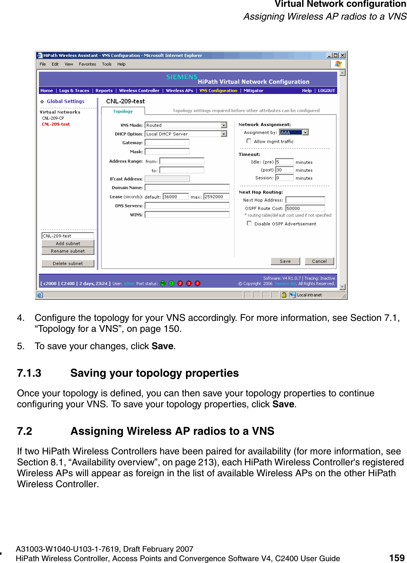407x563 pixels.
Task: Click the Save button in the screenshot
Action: tap(285, 261)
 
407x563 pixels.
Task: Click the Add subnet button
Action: tap(68, 244)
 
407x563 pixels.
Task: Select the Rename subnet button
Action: tap(68, 251)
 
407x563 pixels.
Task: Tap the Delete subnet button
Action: tap(68, 264)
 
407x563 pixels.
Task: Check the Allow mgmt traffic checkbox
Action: tap(249, 141)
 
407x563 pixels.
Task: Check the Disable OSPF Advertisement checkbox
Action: tap(249, 223)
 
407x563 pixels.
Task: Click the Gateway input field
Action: tap(167, 143)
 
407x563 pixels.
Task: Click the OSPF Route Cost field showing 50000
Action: tap(305, 208)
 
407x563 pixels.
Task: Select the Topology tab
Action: tap(123, 111)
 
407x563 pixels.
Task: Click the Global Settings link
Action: tap(66, 101)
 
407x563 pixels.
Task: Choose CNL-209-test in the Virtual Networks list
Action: tap(56, 124)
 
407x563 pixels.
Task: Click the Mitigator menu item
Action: tap(253, 91)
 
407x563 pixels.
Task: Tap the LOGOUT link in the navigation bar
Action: tap(326, 91)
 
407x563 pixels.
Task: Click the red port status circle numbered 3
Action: tap(189, 284)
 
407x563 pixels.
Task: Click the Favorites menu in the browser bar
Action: tap(87, 64)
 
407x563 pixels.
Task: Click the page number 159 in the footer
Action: tap(396, 558)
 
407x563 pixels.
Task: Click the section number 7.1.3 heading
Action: tap(29, 373)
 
